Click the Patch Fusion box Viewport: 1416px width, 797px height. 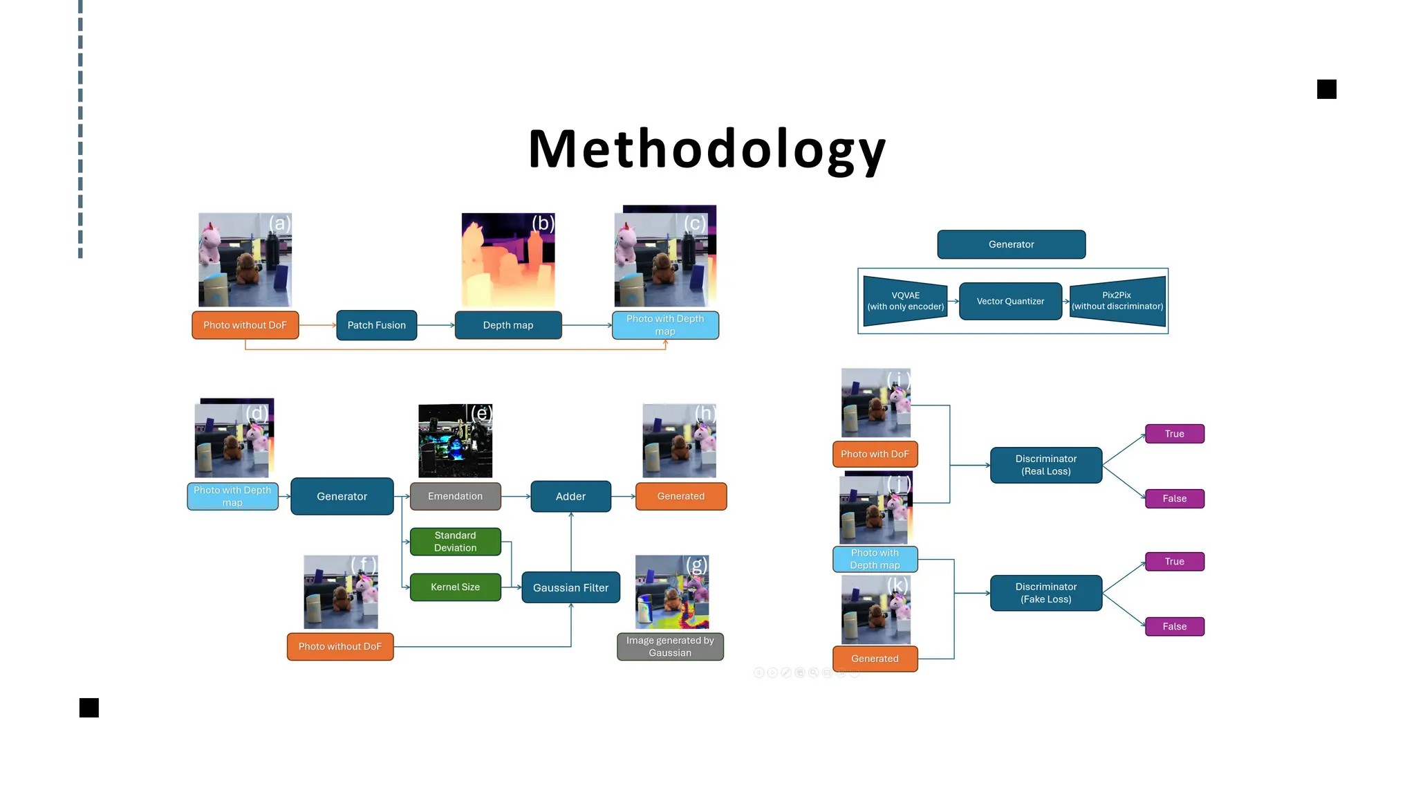coord(376,325)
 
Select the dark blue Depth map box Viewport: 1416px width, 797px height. coord(507,325)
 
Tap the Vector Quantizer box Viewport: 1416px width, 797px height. coord(1010,301)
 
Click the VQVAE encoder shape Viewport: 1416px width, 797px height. coord(905,301)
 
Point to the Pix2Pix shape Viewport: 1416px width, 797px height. coord(1117,301)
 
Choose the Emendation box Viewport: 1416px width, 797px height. coord(455,496)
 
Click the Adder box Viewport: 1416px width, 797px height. coord(570,496)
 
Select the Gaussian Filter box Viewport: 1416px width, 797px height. coord(570,587)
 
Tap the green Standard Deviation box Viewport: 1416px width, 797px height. coord(455,541)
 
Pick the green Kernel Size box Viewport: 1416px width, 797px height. coord(455,587)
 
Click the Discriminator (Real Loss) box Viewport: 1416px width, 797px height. coord(1045,465)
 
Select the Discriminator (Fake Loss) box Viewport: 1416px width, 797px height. coord(1045,593)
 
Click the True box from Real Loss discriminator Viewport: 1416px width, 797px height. coord(1174,434)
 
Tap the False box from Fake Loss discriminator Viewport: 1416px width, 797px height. coord(1174,626)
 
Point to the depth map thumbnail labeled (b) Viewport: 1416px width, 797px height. coord(508,260)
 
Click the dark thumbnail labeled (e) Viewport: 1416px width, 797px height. coord(455,441)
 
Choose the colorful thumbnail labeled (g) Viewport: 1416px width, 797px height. coord(672,592)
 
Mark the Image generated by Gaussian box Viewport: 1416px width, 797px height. coord(670,646)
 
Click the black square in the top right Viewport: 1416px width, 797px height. coord(1326,89)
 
